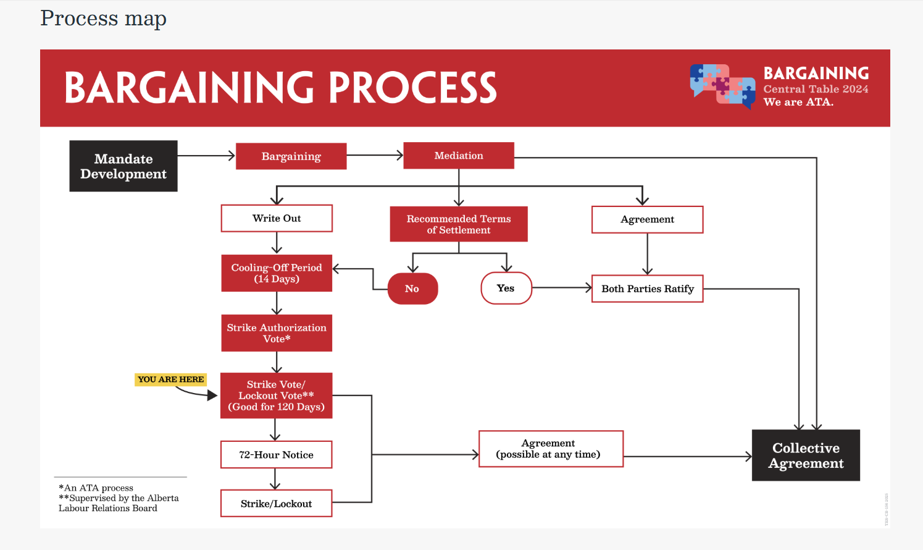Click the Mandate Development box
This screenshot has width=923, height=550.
[123, 166]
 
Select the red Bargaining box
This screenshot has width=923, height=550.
[291, 156]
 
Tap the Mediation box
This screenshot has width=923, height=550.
[459, 156]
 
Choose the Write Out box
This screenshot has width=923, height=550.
[277, 218]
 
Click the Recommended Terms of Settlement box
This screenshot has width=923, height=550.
[459, 224]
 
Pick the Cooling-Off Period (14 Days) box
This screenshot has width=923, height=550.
[277, 273]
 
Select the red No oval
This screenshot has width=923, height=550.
[412, 289]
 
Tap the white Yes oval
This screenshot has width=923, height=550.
[506, 288]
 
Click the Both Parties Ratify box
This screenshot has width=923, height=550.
[647, 289]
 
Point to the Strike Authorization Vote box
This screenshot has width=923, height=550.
[277, 333]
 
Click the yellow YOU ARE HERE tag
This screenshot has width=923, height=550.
[170, 379]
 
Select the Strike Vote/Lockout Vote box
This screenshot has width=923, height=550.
[276, 396]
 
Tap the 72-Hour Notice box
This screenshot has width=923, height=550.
[276, 455]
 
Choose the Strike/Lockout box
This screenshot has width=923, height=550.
[276, 504]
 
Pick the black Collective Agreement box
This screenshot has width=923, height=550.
[806, 455]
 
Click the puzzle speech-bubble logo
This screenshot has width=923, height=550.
[722, 86]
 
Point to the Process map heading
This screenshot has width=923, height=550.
[103, 19]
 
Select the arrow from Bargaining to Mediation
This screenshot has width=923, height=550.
[375, 156]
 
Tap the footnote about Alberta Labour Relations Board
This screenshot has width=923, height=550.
[119, 503]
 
